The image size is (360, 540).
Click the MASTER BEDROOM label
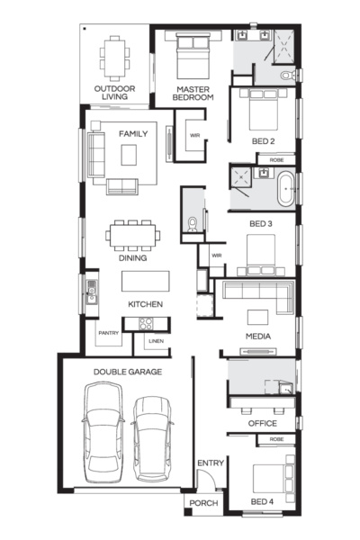click(x=193, y=94)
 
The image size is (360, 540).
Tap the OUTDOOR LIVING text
click(x=114, y=93)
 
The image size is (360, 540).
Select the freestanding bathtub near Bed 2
click(x=285, y=189)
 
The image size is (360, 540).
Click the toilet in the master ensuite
click(x=288, y=75)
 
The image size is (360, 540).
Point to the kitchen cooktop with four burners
click(x=146, y=324)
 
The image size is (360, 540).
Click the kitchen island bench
click(x=146, y=281)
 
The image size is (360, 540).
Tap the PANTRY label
click(x=109, y=333)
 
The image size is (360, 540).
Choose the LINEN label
click(x=156, y=341)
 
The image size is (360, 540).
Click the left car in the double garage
click(x=103, y=432)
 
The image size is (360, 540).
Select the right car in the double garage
click(x=152, y=439)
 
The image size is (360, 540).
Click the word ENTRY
click(x=211, y=463)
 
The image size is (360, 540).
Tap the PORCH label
click(x=203, y=503)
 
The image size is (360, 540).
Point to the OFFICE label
click(x=263, y=423)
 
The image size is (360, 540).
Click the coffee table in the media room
click(x=257, y=317)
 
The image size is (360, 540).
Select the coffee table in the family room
click(x=129, y=155)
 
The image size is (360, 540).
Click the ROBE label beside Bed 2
click(x=276, y=160)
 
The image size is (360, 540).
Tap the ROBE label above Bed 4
click(x=276, y=439)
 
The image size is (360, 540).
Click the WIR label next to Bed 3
click(x=217, y=256)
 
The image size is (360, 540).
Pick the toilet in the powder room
click(x=192, y=224)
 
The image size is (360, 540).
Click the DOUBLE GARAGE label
click(x=128, y=372)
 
